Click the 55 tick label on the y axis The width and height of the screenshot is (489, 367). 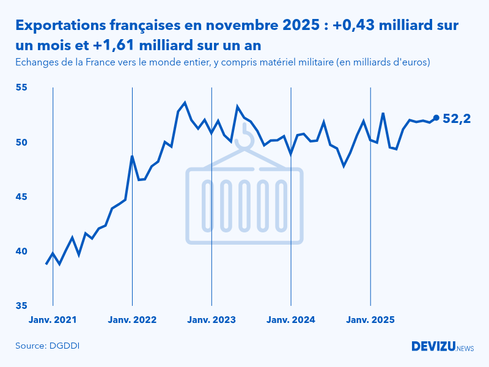(x=22, y=87)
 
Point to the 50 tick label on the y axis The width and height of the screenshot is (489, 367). (x=22, y=142)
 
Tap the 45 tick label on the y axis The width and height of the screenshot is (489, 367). (x=22, y=197)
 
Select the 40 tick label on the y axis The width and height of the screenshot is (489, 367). (x=22, y=251)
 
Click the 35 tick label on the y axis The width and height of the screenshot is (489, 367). (x=22, y=306)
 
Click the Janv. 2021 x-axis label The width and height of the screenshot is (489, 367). (x=53, y=320)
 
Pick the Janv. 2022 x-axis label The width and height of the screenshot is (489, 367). (x=133, y=320)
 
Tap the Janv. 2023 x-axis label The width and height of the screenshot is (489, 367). (x=211, y=320)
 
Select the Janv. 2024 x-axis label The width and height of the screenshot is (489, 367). (x=291, y=320)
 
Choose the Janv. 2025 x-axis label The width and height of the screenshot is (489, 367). (x=370, y=320)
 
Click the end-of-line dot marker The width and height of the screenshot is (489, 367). (x=436, y=117)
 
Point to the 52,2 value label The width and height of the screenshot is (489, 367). (x=456, y=119)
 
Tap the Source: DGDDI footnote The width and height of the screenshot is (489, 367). (x=48, y=346)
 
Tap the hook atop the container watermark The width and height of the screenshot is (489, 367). (x=244, y=138)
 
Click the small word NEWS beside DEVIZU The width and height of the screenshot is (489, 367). (x=465, y=348)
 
